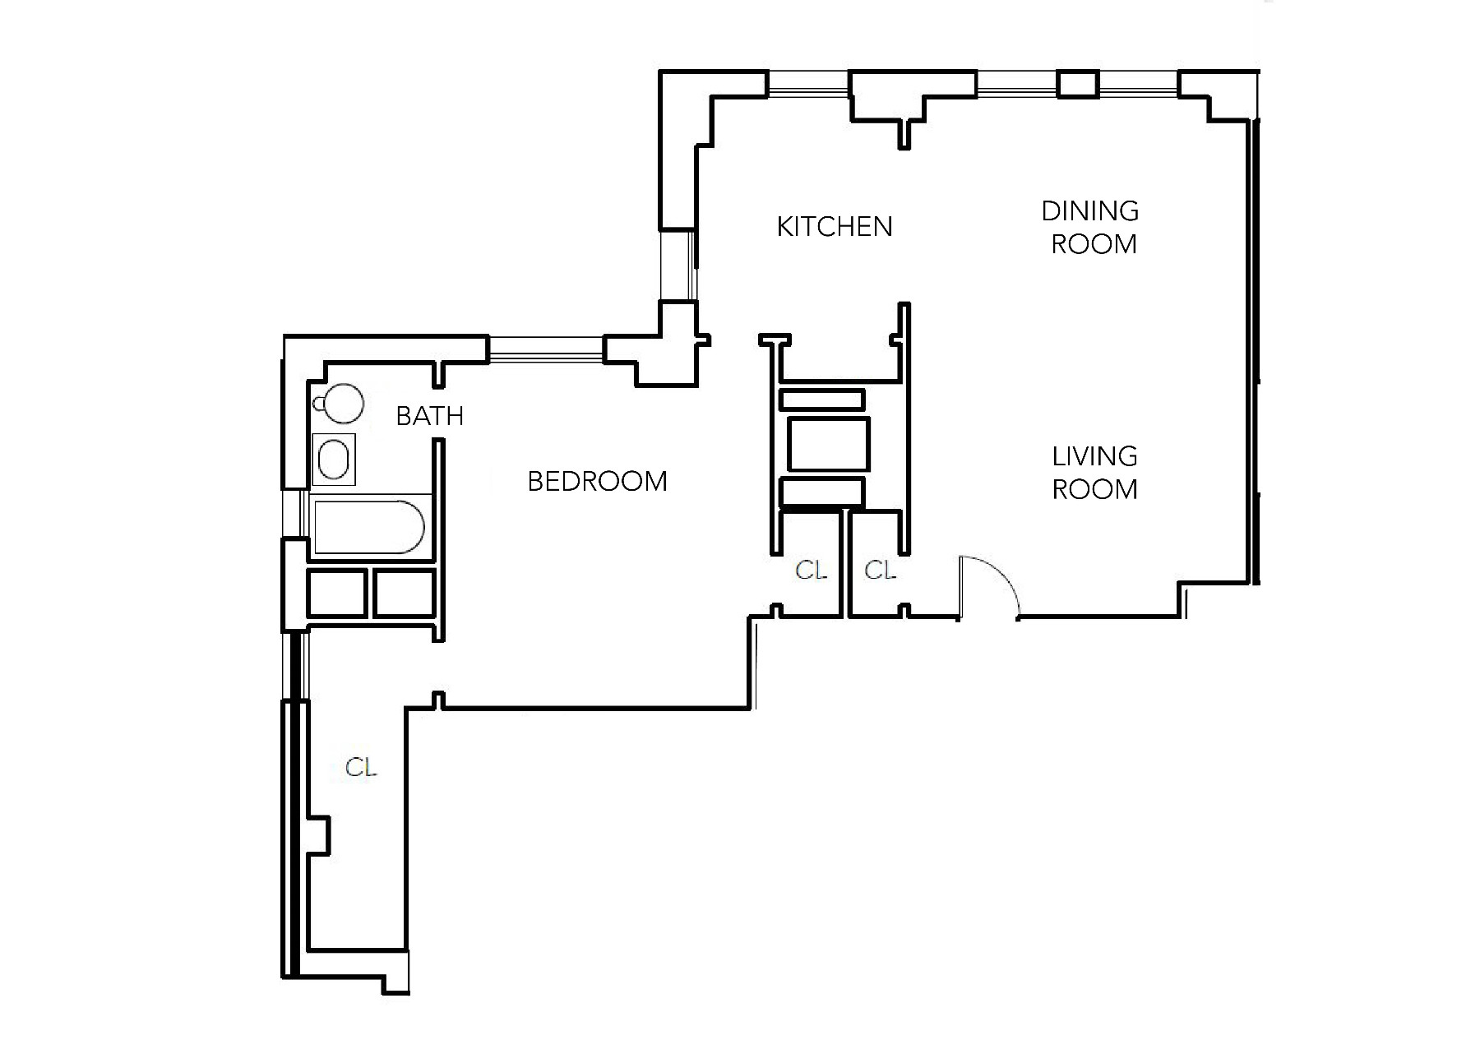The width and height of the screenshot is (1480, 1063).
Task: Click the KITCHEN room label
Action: (835, 226)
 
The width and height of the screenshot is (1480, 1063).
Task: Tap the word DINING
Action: (1090, 211)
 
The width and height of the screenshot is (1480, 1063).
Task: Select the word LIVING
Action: (1095, 456)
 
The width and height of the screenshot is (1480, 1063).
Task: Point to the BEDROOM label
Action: (598, 481)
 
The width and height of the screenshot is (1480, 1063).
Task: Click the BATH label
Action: (430, 416)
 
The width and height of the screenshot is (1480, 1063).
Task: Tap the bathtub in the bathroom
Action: (369, 526)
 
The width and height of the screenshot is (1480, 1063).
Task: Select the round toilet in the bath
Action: (340, 403)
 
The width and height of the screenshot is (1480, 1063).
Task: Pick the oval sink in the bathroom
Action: (334, 459)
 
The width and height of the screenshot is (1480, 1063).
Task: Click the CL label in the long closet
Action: (361, 768)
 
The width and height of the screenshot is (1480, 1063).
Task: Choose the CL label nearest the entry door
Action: (880, 570)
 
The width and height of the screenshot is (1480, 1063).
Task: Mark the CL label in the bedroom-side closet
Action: (811, 570)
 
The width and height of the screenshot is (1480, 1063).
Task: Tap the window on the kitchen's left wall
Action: (678, 265)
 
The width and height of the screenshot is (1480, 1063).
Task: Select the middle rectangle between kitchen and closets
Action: (828, 444)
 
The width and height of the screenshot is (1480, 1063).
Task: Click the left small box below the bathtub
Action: (337, 593)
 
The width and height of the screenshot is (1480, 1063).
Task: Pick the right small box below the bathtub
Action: (405, 593)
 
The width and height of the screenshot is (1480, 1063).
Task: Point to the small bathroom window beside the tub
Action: (294, 514)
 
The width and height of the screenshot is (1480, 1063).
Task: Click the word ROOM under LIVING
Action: (1095, 489)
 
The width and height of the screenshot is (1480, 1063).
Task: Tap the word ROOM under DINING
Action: (1094, 244)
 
